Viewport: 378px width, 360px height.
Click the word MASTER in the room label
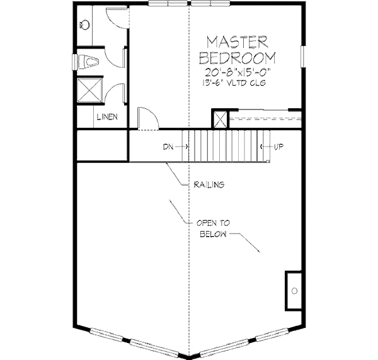[238, 42]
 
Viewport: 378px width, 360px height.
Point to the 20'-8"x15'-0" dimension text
[238, 71]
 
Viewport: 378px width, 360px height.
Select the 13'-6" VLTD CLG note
[238, 82]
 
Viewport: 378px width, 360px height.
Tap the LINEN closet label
[105, 117]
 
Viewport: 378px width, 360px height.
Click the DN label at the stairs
[168, 147]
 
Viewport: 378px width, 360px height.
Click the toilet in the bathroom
[88, 62]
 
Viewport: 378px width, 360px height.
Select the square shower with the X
[89, 89]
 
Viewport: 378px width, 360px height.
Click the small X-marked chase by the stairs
[220, 120]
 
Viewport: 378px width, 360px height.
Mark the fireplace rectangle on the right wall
[294, 290]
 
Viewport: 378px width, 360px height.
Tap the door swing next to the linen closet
[145, 119]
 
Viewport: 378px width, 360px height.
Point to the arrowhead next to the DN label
[185, 147]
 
